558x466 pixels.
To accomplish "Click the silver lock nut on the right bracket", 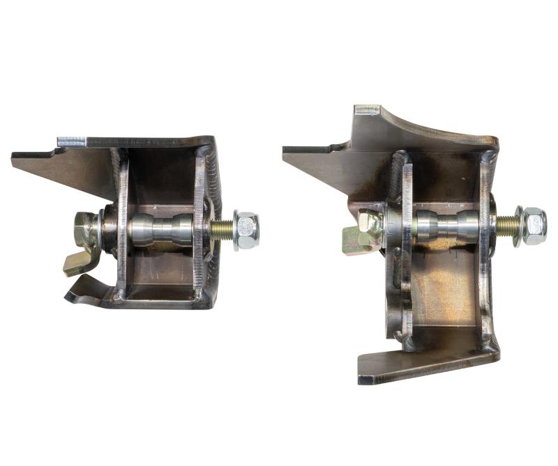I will (534, 226).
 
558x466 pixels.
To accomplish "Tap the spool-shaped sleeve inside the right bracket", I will (447, 226).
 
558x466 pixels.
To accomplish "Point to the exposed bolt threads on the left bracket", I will (223, 230).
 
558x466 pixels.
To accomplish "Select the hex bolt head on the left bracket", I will (85, 226).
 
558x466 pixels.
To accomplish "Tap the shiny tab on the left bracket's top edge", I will (71, 141).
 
